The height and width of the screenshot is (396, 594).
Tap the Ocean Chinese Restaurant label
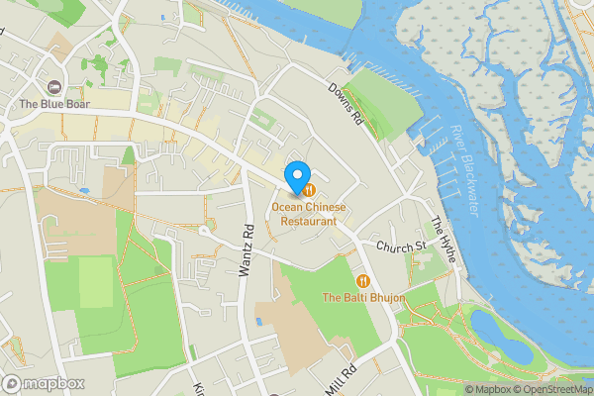coord(310,215)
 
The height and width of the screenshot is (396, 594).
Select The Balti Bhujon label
coord(358,297)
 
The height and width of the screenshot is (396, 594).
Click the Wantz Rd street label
coord(247,249)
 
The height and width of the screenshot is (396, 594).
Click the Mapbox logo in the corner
coord(44,384)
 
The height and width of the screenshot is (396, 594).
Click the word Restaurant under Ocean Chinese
coord(309,222)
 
